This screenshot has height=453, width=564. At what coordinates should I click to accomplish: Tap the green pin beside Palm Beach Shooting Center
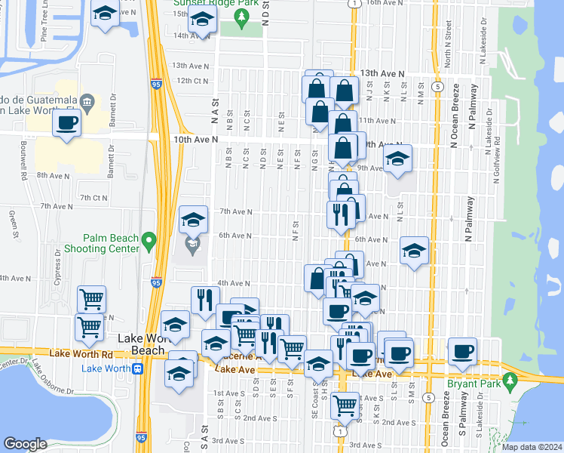coord(149,242)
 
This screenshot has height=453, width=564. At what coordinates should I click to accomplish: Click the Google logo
coord(25,444)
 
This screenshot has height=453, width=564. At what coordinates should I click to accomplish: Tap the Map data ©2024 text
coord(531,446)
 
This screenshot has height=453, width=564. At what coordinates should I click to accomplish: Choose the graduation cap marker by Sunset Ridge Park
coord(201,20)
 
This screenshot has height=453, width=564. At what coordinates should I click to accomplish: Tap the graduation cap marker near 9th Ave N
coord(397,159)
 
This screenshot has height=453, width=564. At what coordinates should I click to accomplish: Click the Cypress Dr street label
coord(57,263)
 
